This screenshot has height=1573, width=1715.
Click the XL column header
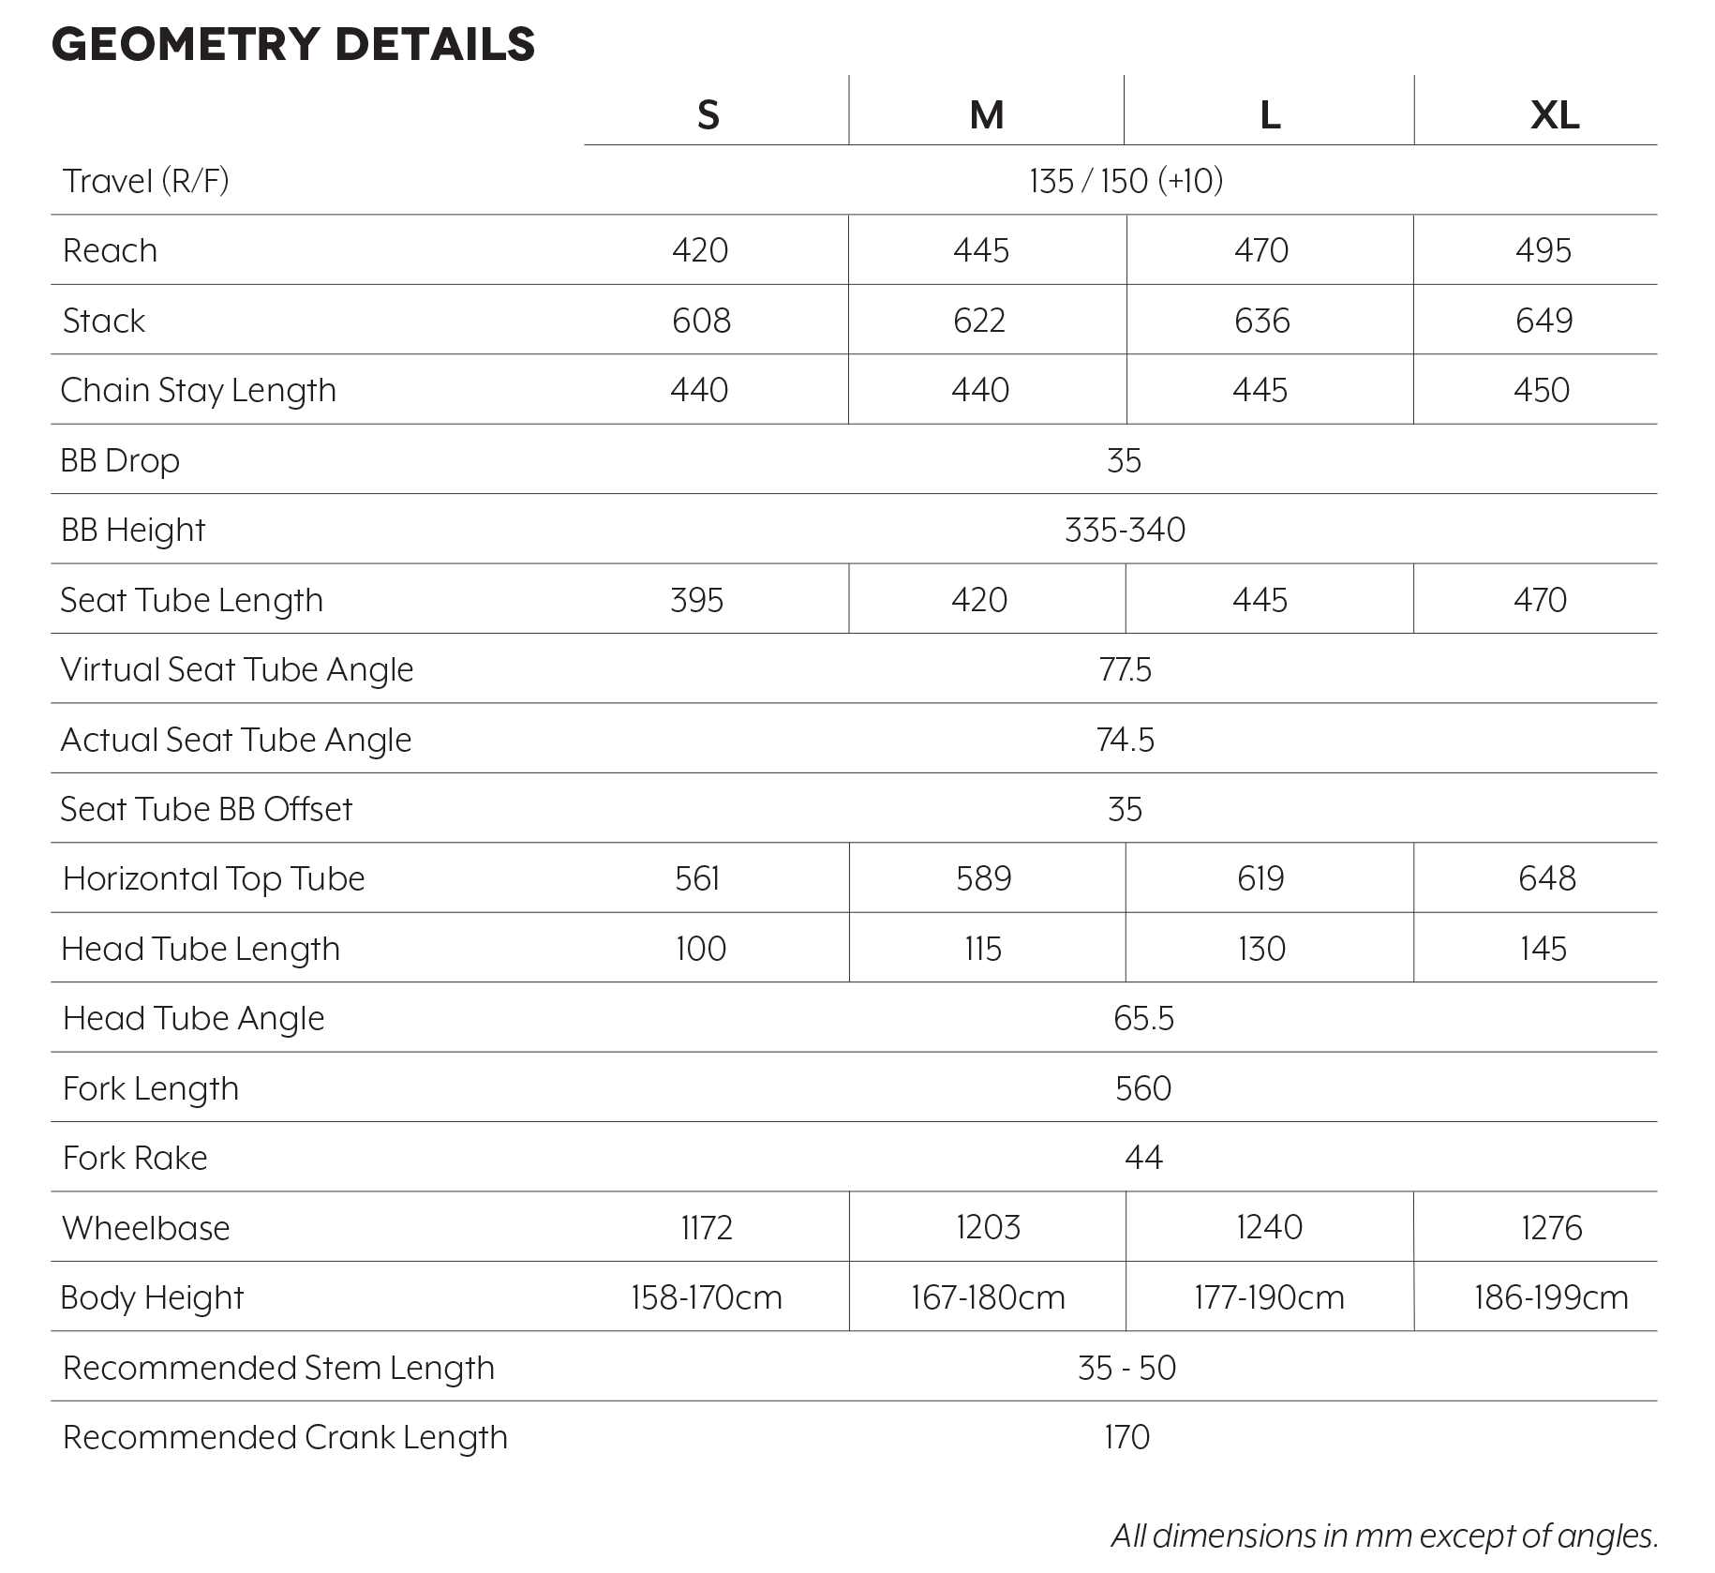coord(1554,115)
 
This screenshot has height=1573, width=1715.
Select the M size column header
coord(986,115)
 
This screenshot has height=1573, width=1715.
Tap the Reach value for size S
coord(700,250)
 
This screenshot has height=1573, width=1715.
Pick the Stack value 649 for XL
coord(1543,321)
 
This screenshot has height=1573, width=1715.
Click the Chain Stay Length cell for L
coord(1260,390)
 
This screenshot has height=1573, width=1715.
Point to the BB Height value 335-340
coord(1125,531)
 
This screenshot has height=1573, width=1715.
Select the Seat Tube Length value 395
coord(697,600)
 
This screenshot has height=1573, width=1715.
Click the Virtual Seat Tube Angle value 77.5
coord(1125,670)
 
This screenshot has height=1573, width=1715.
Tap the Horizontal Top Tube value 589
coord(984,879)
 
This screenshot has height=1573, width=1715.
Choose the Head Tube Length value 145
coord(1543,949)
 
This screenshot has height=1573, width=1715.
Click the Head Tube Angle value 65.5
coord(1143,1019)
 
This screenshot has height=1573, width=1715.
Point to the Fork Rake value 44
coord(1143,1159)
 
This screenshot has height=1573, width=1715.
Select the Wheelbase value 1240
coord(1269,1228)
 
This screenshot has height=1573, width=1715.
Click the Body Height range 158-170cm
coord(707,1298)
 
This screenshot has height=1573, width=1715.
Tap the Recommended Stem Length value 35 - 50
coord(1126,1369)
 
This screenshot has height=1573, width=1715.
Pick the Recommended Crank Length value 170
coord(1126,1438)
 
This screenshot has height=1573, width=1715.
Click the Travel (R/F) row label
coord(146,181)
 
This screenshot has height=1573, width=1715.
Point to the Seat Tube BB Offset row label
coord(206,810)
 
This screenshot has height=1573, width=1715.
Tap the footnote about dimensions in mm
coord(1384,1536)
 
